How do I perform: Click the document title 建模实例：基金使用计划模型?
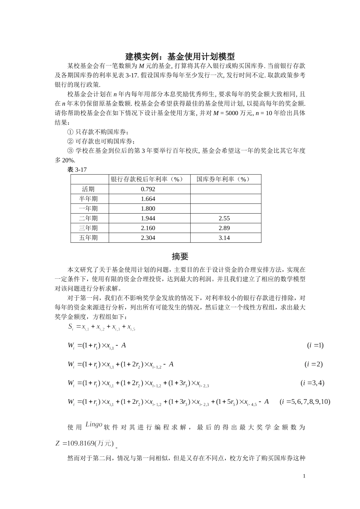180,57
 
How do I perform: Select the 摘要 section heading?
180,257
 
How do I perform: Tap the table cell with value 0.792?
148,189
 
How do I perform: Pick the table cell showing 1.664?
148,199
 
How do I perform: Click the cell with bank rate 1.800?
148,209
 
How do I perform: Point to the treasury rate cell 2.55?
224,219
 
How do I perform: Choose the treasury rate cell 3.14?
224,238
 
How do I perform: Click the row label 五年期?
88,238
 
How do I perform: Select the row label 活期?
88,189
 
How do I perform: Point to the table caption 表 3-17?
77,170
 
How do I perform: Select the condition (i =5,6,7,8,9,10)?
305,401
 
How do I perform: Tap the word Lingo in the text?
94,425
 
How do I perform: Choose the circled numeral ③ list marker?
70,151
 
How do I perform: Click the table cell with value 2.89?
224,228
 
